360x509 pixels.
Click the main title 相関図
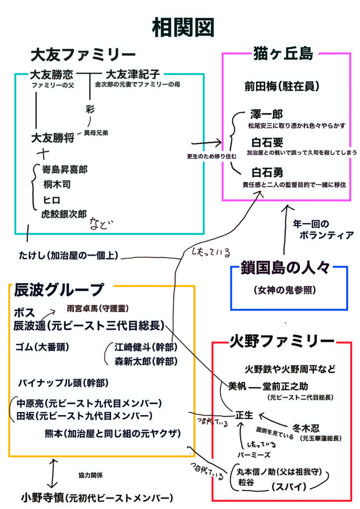[x=182, y=27]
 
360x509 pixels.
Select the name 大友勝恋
[x=51, y=75]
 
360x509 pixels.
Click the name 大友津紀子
[x=133, y=75]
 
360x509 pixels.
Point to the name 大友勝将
[x=52, y=137]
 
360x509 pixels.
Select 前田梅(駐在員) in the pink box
[x=281, y=85]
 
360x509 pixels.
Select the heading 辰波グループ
[x=59, y=289]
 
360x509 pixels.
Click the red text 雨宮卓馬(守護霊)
[x=100, y=308]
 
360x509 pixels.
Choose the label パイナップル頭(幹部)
[x=63, y=383]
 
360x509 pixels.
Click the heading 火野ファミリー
[x=281, y=341]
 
